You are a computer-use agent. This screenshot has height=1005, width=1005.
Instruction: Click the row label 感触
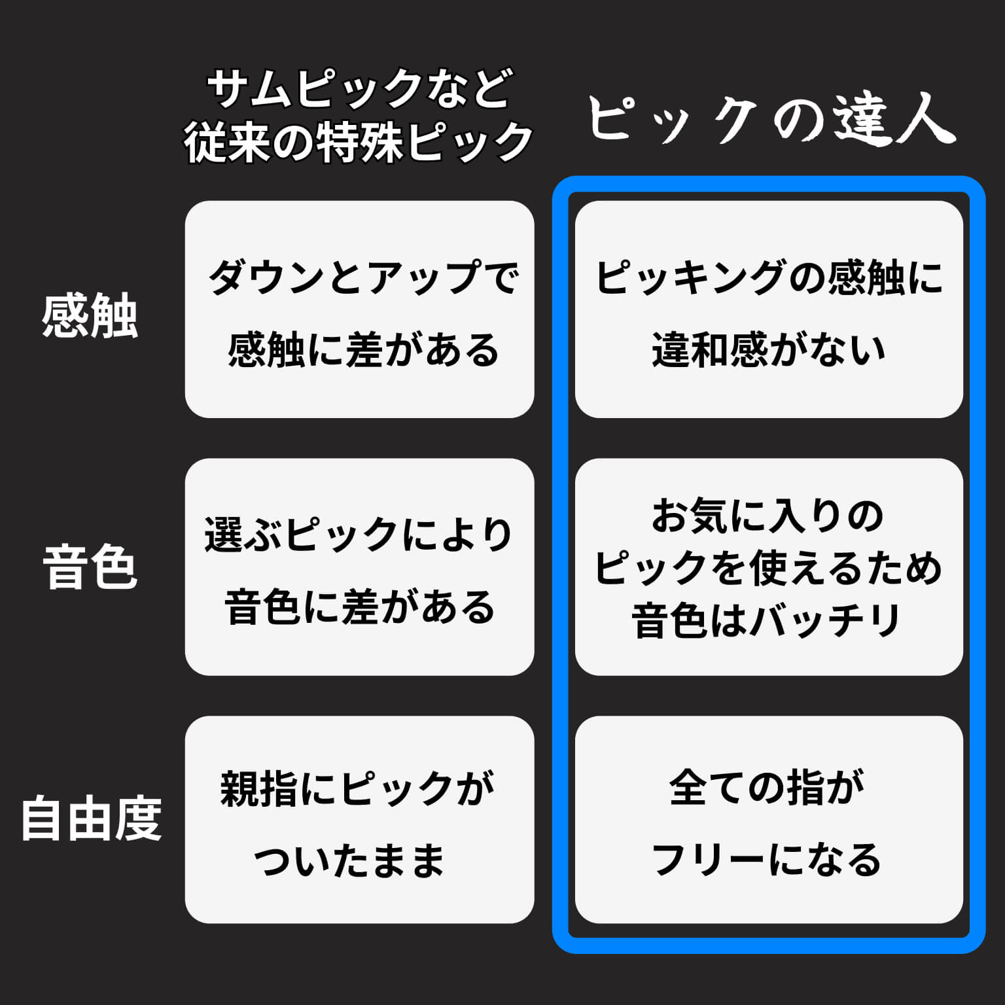90,317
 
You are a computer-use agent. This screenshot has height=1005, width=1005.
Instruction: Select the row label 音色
90,568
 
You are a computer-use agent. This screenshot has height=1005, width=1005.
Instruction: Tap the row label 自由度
91,819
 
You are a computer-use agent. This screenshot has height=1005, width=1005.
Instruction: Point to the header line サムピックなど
359,89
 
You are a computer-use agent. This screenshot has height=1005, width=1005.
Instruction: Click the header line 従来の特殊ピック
359,143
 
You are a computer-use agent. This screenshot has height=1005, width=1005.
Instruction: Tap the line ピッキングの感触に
769,277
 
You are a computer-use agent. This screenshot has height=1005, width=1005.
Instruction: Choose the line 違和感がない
769,350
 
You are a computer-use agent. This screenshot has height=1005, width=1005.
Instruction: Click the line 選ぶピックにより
359,535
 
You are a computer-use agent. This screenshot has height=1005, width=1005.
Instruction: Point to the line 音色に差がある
360,608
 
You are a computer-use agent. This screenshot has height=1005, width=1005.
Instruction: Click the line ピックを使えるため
769,568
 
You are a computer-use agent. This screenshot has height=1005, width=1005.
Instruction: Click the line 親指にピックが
357,788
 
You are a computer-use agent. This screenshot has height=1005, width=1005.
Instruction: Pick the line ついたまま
349,860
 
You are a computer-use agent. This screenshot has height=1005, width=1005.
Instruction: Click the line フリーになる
767,860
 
